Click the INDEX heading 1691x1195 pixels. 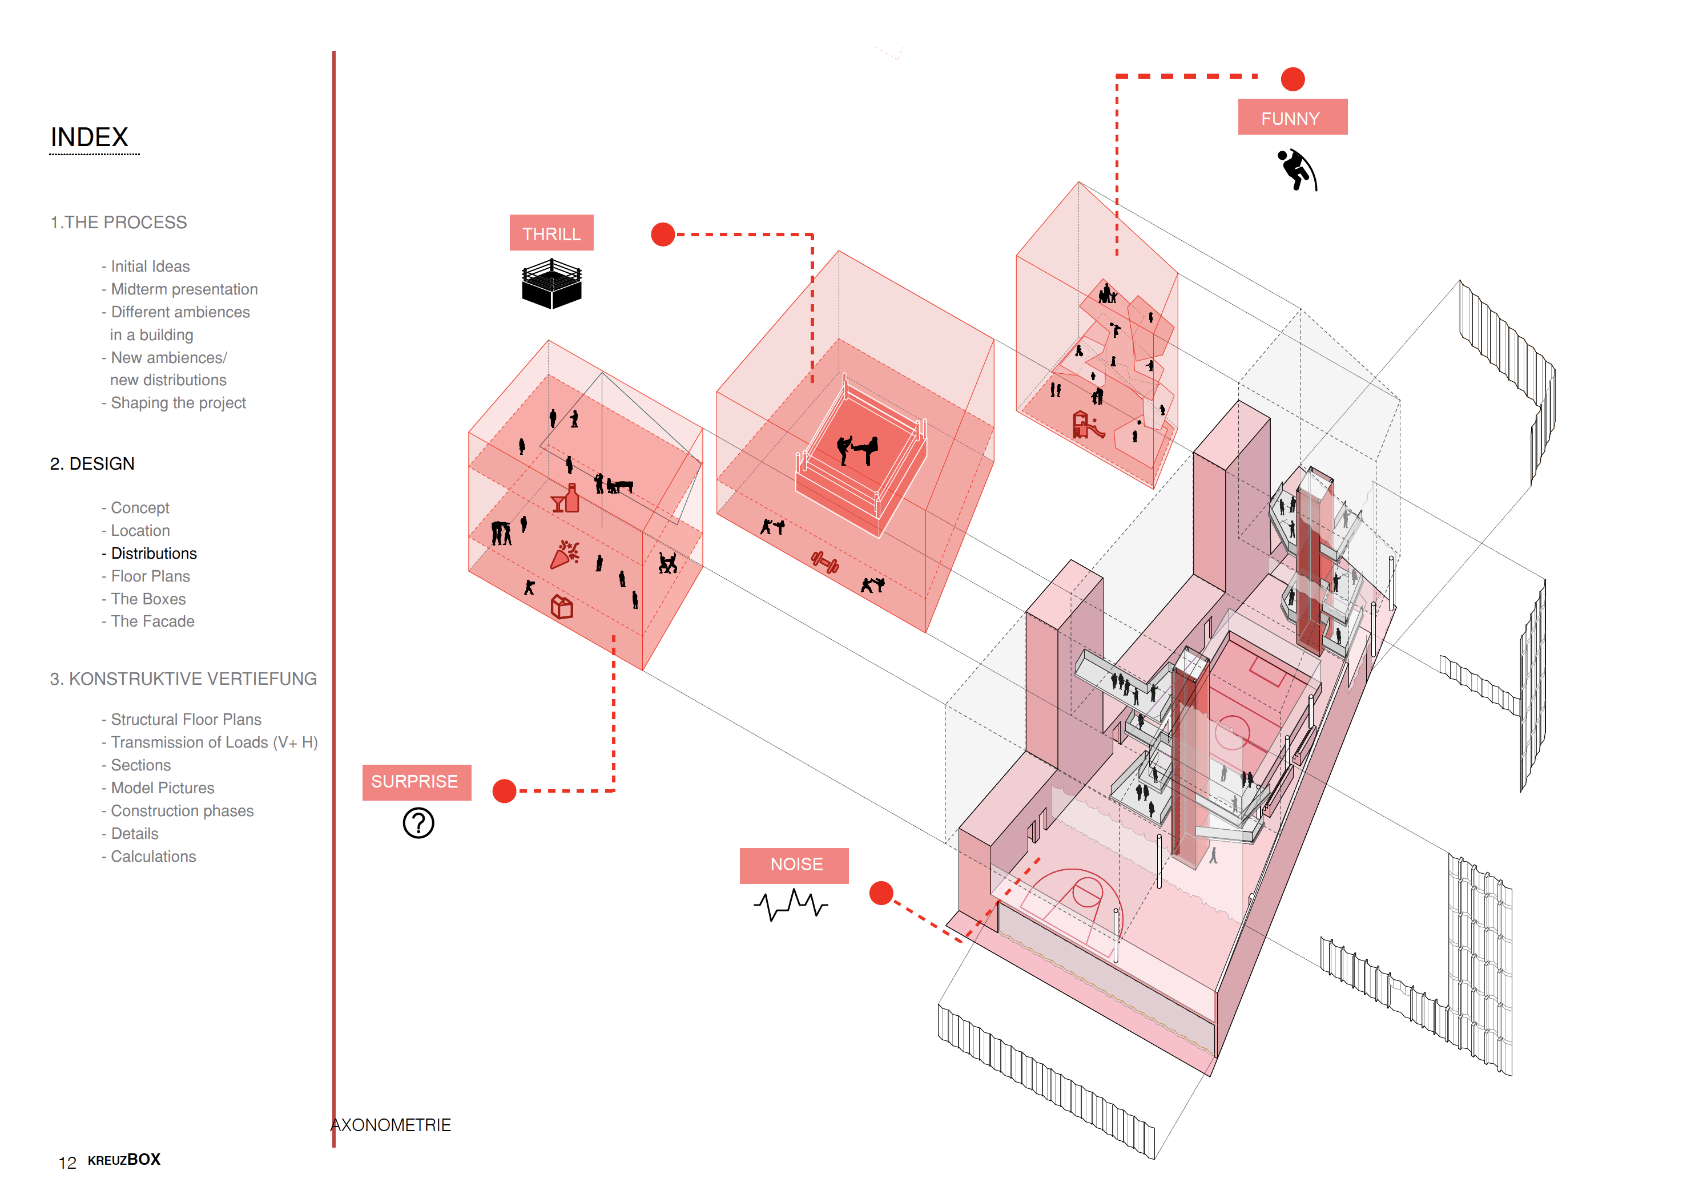(x=89, y=137)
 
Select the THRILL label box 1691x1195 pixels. (x=551, y=233)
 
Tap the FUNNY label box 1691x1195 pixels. (x=1292, y=118)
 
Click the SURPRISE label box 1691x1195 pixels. (x=416, y=781)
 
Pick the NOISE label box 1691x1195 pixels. (x=794, y=865)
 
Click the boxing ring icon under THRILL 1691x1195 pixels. (x=551, y=284)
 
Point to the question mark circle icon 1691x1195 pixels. (x=418, y=822)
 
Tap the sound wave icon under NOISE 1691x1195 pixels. (x=790, y=903)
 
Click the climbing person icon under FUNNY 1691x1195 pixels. (x=1297, y=170)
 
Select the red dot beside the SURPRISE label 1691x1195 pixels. (x=505, y=791)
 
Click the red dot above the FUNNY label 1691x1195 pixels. (x=1293, y=79)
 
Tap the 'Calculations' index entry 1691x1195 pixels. (x=152, y=857)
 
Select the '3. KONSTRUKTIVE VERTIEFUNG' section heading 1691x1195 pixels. (x=183, y=679)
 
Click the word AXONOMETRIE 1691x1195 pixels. (x=391, y=1125)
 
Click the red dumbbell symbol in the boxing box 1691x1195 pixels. (x=825, y=563)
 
